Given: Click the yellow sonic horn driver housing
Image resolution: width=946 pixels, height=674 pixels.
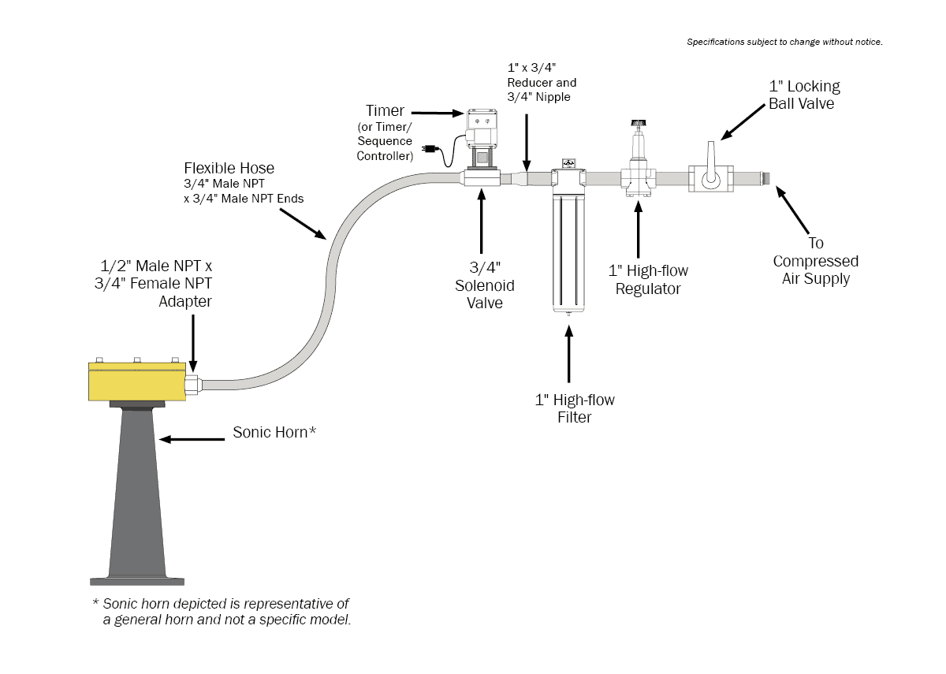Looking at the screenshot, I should pyautogui.click(x=136, y=383).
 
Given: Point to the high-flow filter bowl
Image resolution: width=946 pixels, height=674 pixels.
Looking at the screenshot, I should pyautogui.click(x=568, y=252).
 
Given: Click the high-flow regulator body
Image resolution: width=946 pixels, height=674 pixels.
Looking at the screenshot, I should pyautogui.click(x=638, y=179).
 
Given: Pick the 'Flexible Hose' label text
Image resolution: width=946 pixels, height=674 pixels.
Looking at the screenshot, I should pyautogui.click(x=229, y=169).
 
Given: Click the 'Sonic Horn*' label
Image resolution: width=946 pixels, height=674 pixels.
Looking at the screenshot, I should pyautogui.click(x=274, y=432).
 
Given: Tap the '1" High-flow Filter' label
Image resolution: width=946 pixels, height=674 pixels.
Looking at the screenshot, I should pyautogui.click(x=574, y=408).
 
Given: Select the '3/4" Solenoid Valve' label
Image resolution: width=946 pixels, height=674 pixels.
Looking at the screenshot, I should pyautogui.click(x=484, y=285).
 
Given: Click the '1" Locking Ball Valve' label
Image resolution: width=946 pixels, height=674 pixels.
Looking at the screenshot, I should pyautogui.click(x=804, y=95).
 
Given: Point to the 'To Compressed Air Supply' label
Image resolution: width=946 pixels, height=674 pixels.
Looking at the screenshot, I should pyautogui.click(x=815, y=261).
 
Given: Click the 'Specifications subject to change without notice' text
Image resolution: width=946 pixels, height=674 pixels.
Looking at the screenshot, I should pyautogui.click(x=784, y=42).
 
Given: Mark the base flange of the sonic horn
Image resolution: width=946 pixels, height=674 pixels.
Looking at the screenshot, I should pyautogui.click(x=137, y=581).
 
